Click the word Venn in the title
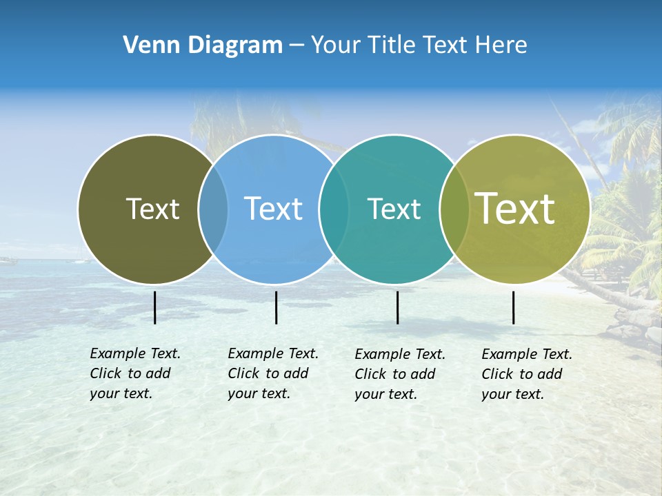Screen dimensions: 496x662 (x=143, y=45)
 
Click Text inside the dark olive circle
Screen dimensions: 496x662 (x=152, y=209)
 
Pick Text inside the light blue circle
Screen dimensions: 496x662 (x=274, y=209)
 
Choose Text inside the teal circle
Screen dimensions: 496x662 (x=394, y=209)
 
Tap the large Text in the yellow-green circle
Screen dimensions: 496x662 (x=515, y=209)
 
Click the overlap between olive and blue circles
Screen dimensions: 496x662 (x=213, y=209)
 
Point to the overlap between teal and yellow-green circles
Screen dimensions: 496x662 (x=454, y=209)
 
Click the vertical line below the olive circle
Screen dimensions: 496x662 (x=154, y=307)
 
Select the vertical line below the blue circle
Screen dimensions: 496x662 (x=276, y=307)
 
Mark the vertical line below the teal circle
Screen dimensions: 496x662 (x=397, y=307)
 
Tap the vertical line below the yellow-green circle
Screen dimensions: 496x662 (x=513, y=307)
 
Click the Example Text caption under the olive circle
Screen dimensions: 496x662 (x=134, y=373)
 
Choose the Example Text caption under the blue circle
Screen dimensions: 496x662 (x=272, y=373)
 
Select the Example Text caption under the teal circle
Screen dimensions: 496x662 (x=399, y=374)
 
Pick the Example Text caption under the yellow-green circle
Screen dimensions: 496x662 (x=526, y=374)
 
